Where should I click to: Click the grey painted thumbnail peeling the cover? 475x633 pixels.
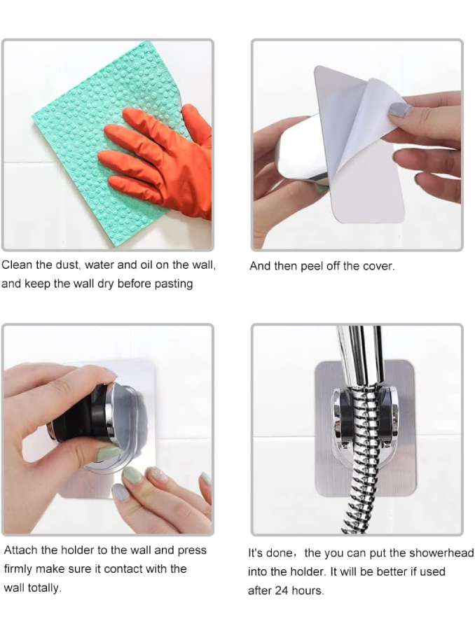tap(400, 110)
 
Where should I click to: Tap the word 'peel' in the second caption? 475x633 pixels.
tap(310, 267)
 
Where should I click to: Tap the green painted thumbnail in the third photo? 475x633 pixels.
tap(109, 453)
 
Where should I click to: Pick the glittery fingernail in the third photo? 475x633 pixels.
tap(158, 473)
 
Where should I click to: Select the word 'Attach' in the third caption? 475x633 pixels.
tap(21, 550)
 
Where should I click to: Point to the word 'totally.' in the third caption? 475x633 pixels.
tap(44, 587)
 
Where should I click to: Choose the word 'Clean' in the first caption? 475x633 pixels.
tap(17, 265)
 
